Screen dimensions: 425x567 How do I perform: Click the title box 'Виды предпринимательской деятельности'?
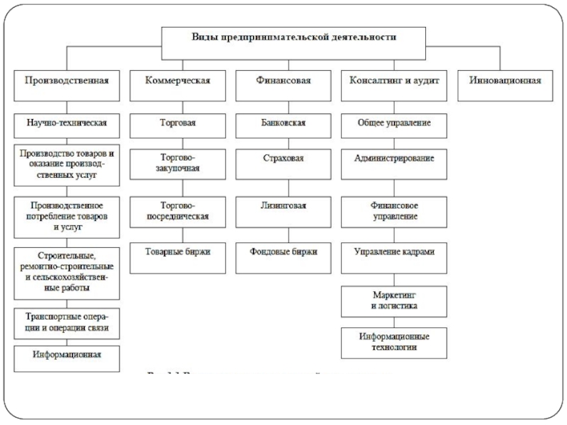click(x=293, y=38)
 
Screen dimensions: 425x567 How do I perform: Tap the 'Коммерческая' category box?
click(x=178, y=81)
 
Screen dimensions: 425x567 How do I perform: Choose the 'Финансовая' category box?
click(x=283, y=81)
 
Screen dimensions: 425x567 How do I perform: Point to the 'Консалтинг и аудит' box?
click(x=394, y=81)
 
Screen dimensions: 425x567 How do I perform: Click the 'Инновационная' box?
click(x=505, y=81)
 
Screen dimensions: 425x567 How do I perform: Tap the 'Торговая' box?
click(x=178, y=123)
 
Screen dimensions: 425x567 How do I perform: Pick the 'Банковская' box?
click(x=283, y=123)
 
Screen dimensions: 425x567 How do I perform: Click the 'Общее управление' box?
click(x=394, y=123)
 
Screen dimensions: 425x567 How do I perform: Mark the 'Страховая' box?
click(x=283, y=159)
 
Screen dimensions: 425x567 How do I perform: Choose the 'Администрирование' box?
click(x=394, y=159)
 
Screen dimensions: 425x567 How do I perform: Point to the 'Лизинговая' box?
click(x=283, y=207)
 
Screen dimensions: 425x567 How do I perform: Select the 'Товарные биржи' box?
click(x=178, y=251)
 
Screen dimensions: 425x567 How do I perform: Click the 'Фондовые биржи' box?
click(x=283, y=251)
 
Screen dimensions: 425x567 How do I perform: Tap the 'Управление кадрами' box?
click(x=394, y=251)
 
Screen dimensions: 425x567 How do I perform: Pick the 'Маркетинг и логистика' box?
click(x=394, y=300)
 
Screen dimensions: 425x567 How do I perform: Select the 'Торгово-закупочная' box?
click(x=178, y=163)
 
